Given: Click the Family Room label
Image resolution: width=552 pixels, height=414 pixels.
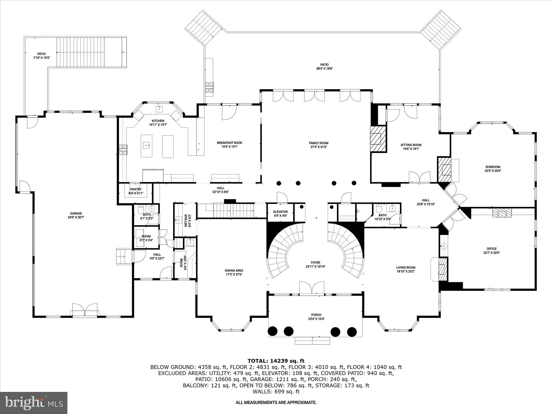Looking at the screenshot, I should click(319, 143).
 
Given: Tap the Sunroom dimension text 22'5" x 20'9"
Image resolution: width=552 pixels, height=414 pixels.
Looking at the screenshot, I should click(493, 171).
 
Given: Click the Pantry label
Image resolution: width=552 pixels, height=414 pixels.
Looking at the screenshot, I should click(136, 189).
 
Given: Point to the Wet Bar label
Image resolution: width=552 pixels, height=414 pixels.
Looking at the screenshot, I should click(185, 220).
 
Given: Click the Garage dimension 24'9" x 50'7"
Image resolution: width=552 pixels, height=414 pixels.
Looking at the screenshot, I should click(76, 217).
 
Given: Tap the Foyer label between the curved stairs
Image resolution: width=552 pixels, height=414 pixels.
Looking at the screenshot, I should click(315, 263).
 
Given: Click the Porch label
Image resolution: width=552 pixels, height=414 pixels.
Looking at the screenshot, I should click(316, 315).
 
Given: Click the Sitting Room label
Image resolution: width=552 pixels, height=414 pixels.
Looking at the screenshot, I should click(411, 145).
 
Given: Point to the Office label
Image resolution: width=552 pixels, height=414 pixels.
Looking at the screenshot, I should click(491, 249).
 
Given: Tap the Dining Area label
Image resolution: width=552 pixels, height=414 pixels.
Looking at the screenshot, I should click(234, 271).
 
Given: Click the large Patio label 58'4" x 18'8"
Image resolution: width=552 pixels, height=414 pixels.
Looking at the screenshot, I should click(324, 65).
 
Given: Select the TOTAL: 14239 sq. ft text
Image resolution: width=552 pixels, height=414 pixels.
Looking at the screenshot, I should click(276, 361).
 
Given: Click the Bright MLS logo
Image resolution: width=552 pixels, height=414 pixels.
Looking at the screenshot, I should click(34, 403).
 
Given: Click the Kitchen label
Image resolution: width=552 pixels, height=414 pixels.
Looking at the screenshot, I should click(158, 121).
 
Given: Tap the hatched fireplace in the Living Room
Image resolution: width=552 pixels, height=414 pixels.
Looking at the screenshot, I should click(442, 269).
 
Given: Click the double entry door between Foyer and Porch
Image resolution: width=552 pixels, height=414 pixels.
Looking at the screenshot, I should click(312, 288).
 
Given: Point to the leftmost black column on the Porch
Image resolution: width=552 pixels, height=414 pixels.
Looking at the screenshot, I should click(273, 331).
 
